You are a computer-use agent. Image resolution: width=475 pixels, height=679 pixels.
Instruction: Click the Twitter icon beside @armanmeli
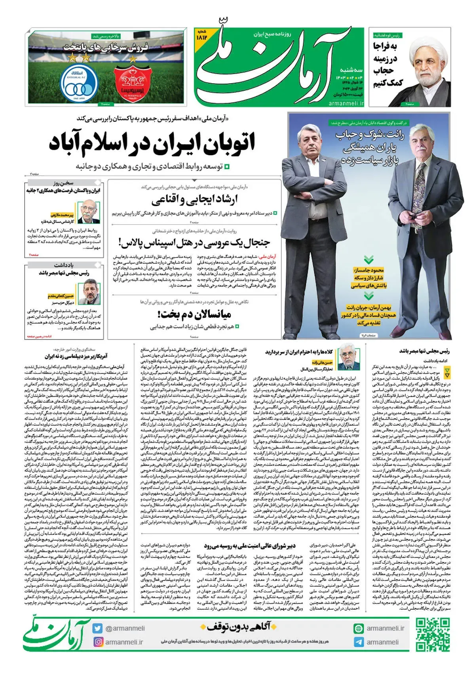coord(98,628)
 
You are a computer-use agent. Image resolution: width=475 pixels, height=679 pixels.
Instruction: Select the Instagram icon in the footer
coord(98,642)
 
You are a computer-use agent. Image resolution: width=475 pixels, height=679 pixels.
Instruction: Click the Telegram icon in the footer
coord(359,642)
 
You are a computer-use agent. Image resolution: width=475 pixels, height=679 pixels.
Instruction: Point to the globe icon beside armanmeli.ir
coord(359,628)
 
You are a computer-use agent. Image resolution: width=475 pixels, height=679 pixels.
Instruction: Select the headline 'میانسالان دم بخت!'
coord(194,315)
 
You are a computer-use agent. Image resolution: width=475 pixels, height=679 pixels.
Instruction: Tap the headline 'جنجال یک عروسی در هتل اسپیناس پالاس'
coord(194,242)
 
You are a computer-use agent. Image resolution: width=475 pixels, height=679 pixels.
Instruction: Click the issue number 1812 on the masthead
coord(201,37)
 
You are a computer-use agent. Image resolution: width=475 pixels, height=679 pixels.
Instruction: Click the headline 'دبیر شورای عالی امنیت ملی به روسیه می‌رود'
coord(250,546)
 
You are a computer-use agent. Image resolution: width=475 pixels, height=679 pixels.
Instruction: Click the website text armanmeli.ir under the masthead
coord(346,103)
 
